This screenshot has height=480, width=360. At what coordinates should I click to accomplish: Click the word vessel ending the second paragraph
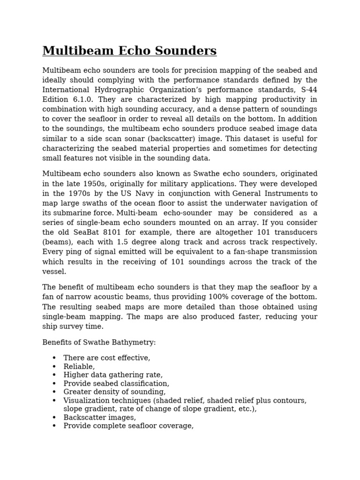tap(54, 271)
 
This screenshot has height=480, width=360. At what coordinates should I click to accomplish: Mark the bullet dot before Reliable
tap(54, 367)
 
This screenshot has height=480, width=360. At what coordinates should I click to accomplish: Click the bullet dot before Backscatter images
tap(54, 417)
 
